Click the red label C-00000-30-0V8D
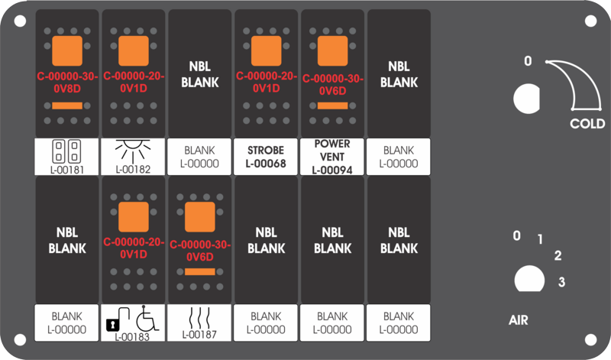click(67, 83)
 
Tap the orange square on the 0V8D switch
click(67, 50)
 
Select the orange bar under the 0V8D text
click(67, 105)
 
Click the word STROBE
click(266, 150)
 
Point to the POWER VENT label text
click(332, 150)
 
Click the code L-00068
click(266, 164)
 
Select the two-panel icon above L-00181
click(66, 151)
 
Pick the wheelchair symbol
click(147, 318)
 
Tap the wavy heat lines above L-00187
click(199, 318)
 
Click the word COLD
click(587, 124)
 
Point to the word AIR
click(519, 320)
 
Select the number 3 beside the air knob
click(561, 282)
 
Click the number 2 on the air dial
click(558, 256)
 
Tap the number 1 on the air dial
click(540, 239)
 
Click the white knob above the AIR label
click(529, 279)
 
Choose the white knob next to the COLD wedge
click(526, 99)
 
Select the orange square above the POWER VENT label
click(332, 50)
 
